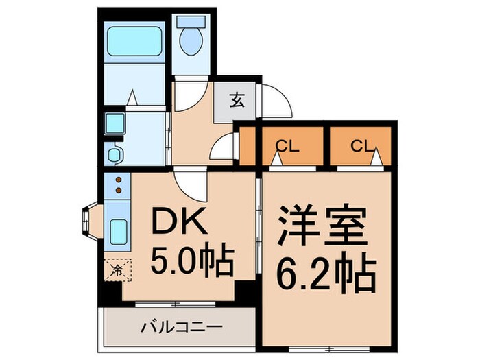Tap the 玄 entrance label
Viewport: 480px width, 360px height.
coord(236,101)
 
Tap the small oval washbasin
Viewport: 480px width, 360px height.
coord(114,152)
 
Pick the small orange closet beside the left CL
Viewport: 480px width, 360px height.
coord(248,146)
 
